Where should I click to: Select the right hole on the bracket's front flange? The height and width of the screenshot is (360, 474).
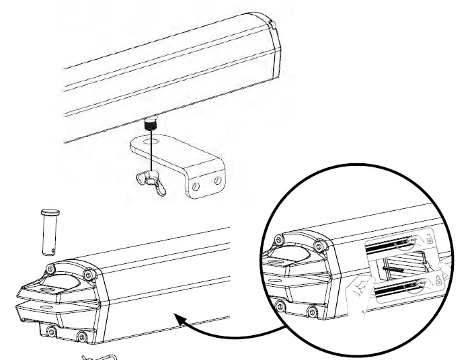216,180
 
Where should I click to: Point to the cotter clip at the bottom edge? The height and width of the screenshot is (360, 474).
100,357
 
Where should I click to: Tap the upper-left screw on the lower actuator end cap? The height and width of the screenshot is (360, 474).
49,269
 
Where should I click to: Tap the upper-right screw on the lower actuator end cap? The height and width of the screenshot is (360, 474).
89,274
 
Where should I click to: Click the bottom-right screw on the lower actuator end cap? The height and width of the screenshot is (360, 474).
81,335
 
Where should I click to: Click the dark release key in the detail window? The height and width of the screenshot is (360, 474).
393,267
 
